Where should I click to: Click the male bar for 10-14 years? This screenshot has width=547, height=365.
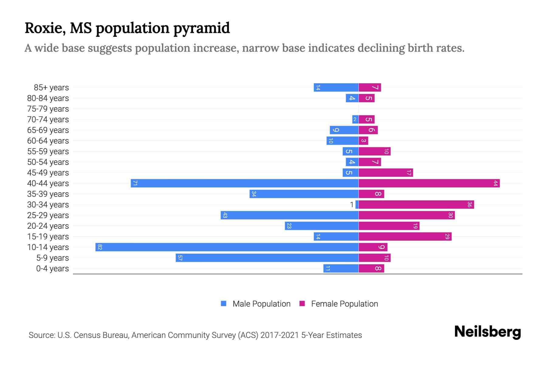tap(227, 247)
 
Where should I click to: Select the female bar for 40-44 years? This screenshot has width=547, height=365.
tap(429, 183)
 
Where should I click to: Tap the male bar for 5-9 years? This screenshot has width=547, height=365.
tap(267, 258)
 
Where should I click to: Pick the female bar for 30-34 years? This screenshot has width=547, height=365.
tap(416, 204)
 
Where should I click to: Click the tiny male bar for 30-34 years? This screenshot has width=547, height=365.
tap(357, 204)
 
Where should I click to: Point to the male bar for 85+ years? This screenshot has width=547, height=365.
tap(336, 87)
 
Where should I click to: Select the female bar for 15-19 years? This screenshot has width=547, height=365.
tap(405, 236)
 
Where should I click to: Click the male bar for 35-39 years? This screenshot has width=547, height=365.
tap(304, 194)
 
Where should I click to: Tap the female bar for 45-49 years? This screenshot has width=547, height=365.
tap(386, 172)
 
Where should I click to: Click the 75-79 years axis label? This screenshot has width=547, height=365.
tap(48, 109)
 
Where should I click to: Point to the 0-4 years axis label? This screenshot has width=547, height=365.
tap(52, 269)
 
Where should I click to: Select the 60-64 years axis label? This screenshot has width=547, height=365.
tap(48, 141)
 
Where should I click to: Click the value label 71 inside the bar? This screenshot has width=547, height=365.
tap(135, 183)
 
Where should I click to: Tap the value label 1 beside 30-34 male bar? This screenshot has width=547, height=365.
tap(352, 205)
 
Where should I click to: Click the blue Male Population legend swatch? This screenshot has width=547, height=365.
tap(224, 304)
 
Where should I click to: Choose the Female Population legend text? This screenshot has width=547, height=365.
tap(344, 304)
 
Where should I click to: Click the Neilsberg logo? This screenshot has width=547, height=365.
tap(487, 332)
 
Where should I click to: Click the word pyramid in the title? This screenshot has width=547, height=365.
tap(201, 28)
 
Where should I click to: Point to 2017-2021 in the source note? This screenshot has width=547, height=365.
tap(280, 335)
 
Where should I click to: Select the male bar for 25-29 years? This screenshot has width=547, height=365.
tap(290, 215)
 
